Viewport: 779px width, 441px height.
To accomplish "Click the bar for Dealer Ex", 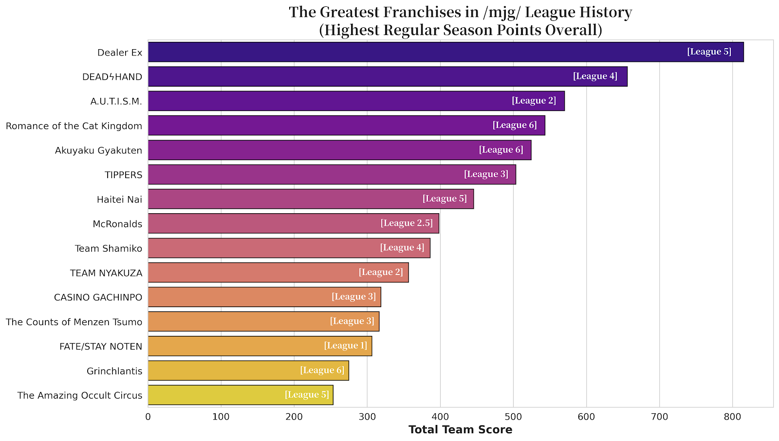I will pos(414,52).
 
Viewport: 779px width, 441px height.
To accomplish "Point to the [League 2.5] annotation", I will pos(407,223).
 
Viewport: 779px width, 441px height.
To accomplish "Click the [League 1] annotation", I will pos(346,346).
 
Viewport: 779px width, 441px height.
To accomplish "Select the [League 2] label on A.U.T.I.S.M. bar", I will pos(534,101).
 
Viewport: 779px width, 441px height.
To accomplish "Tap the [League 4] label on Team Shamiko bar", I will pos(402,248).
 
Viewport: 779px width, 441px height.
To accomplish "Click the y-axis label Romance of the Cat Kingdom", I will pos(74,126).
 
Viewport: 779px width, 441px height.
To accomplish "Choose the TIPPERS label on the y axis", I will pos(124,175).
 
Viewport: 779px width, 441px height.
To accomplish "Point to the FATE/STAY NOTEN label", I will pos(101,347).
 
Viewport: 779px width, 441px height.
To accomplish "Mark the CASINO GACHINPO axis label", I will pos(98,297).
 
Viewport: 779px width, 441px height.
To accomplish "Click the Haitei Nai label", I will pos(120,200).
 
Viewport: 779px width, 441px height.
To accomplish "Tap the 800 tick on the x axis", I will pos(732,417).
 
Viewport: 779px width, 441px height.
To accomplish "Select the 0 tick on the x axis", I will pos(148,417).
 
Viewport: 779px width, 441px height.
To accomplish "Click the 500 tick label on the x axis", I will pos(513,417).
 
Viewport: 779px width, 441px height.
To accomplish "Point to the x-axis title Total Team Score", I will pos(460,430).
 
